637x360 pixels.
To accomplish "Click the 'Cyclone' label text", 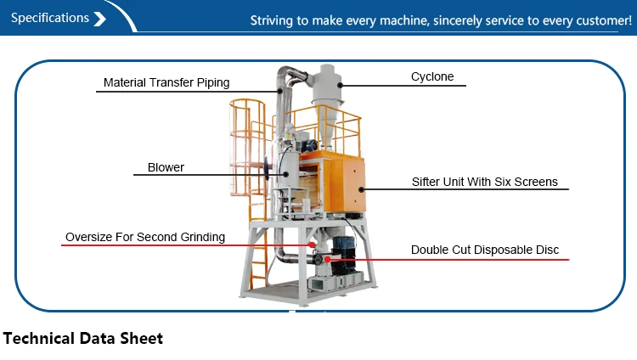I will pyautogui.click(x=432, y=76).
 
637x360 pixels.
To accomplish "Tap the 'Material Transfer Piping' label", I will pyautogui.click(x=166, y=82).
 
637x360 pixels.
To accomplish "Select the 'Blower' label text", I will pyautogui.click(x=166, y=167).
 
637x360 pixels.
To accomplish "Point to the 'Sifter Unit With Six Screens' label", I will pyautogui.click(x=484, y=182).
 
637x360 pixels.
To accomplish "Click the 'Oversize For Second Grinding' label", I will pyautogui.click(x=145, y=237).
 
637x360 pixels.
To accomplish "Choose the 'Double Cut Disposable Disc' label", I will pyautogui.click(x=485, y=250).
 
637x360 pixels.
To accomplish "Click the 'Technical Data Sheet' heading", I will pyautogui.click(x=82, y=338).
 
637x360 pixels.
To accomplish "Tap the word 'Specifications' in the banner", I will pyautogui.click(x=50, y=18).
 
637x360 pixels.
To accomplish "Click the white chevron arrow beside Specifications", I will pyautogui.click(x=100, y=18).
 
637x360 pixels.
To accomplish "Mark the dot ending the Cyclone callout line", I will pyautogui.click(x=341, y=84).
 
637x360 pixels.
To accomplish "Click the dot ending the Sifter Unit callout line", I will pyautogui.click(x=362, y=188).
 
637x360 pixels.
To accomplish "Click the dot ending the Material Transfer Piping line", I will pyautogui.click(x=278, y=90).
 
